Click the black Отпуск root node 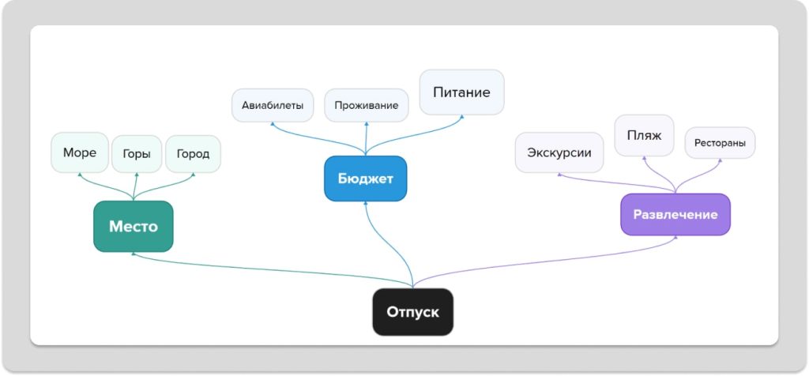[x=412, y=312]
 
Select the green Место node [x=133, y=227]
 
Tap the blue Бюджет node [x=365, y=179]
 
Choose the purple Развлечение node [x=675, y=214]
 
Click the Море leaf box [x=80, y=152]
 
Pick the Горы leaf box [x=137, y=154]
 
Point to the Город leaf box [x=193, y=154]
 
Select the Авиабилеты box [x=273, y=105]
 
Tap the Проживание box [x=366, y=105]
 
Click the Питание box [x=461, y=92]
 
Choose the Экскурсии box [x=559, y=152]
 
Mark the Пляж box [x=644, y=135]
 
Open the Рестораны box [x=720, y=143]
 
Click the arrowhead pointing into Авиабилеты [x=273, y=124]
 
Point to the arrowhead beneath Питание [x=461, y=118]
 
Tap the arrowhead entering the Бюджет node [x=365, y=204]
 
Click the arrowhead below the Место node [x=133, y=254]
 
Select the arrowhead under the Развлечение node [x=675, y=238]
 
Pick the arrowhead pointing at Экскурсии [x=559, y=175]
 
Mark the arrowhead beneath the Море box [x=80, y=175]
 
